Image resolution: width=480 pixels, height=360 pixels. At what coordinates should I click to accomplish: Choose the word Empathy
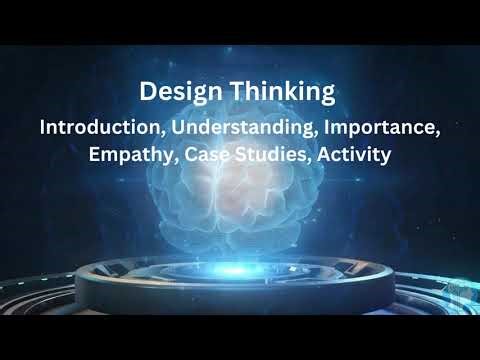(127, 157)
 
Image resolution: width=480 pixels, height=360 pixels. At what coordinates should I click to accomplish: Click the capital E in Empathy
(96, 156)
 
